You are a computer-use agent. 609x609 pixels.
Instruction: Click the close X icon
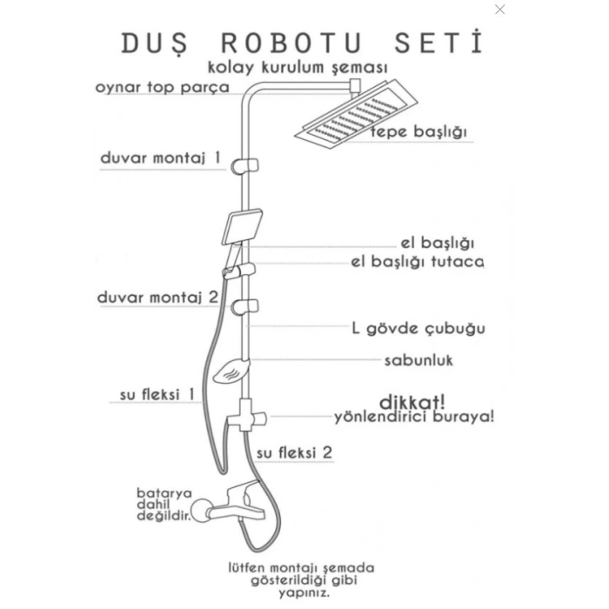pos(499,10)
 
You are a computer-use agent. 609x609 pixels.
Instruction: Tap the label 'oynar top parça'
pos(162,88)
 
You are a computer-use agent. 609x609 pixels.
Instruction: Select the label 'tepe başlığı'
pos(419,132)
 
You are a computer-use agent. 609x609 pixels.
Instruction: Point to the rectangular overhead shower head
pos(355,117)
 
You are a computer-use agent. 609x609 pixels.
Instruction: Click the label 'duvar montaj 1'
pos(161,159)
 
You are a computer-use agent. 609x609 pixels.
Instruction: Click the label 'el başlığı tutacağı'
pos(417,261)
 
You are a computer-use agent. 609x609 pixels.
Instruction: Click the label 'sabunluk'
pos(419,360)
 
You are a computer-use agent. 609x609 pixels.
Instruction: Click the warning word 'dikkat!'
pos(412,402)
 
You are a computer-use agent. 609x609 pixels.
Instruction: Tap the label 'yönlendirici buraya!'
pos(414,417)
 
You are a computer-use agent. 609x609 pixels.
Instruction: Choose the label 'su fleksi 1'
pos(157,394)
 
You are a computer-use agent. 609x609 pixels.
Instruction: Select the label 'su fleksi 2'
pos(294,453)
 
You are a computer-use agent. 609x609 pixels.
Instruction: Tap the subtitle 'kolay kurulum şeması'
pos(298,67)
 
